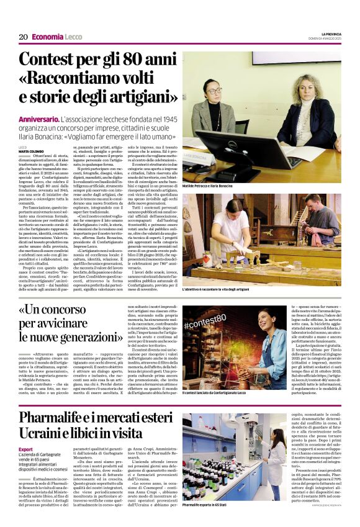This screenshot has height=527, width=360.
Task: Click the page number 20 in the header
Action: tap(23, 37)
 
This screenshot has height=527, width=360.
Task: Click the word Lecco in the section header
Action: tap(73, 37)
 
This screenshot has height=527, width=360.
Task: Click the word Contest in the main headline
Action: tap(52, 61)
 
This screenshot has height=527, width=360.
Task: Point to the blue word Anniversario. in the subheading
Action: tap(40, 117)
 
